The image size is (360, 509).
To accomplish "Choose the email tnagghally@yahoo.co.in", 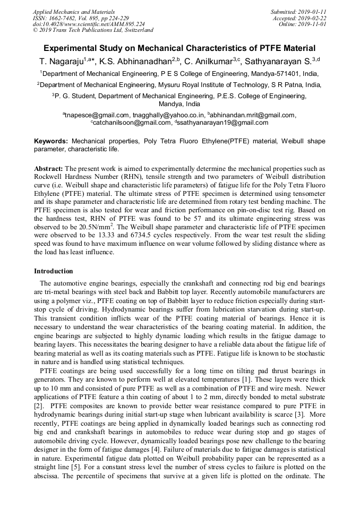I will coord(169,115).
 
